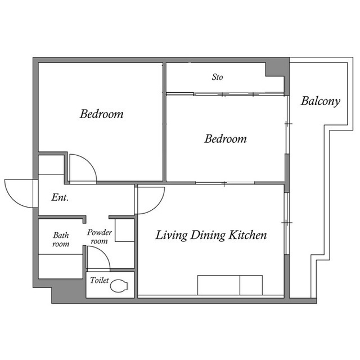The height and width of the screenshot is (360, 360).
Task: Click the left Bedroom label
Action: (x=101, y=114)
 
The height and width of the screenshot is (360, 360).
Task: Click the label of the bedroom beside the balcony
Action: (x=225, y=138)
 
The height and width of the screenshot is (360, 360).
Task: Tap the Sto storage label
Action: (x=217, y=77)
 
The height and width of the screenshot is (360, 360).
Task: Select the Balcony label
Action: (x=320, y=101)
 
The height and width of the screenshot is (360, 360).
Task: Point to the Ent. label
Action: (x=60, y=197)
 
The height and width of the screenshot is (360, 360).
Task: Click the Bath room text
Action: (x=61, y=240)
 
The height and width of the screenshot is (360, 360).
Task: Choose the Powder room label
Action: (x=100, y=237)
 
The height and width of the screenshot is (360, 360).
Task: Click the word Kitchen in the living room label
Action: (x=247, y=235)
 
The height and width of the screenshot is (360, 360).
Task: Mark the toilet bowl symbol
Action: (x=119, y=286)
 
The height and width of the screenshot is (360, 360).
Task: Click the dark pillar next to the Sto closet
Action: (x=276, y=68)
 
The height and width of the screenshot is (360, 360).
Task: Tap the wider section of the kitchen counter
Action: (x=218, y=285)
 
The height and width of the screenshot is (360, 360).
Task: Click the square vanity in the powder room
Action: (x=124, y=231)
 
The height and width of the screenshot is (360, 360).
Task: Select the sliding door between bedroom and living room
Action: (x=225, y=183)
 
